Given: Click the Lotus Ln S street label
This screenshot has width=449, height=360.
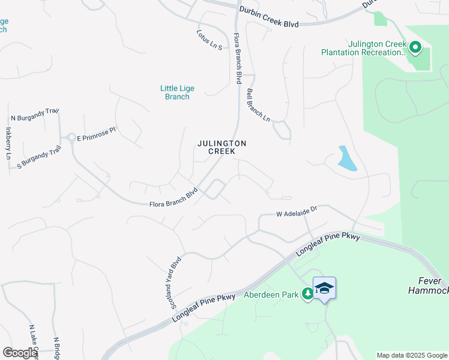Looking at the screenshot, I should pos(210,40).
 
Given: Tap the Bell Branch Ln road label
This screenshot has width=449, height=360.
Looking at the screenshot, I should pos(258,105).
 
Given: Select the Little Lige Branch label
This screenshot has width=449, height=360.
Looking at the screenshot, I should pos(177,92).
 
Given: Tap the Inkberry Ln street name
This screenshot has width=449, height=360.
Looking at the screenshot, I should pos(8,143).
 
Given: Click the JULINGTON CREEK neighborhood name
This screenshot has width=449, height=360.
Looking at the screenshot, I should pos(222,147).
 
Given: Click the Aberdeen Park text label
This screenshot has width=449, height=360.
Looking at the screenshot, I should pos(271,295).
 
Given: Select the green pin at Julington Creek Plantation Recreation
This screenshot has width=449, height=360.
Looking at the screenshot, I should pos(414,46).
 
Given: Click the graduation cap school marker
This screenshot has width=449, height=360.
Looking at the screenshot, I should pos(324,288).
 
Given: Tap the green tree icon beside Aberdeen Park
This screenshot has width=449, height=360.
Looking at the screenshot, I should pos(307,293).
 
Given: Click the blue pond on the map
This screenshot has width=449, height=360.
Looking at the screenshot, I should pos(347,158).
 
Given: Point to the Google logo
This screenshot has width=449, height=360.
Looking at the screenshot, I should pos(20,353).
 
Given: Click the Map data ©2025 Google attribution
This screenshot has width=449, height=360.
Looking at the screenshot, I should pos(412,355).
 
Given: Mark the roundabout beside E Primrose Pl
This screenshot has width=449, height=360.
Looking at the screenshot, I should pos(71,138).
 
